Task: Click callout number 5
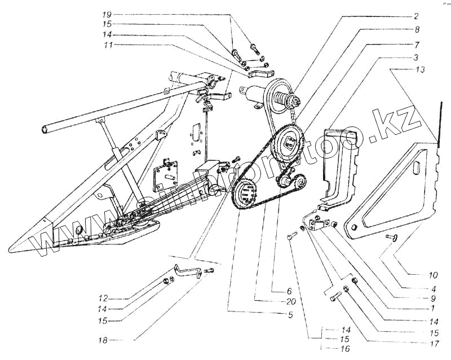pyautogui.click(x=290, y=315)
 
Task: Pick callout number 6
pyautogui.click(x=289, y=292)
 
